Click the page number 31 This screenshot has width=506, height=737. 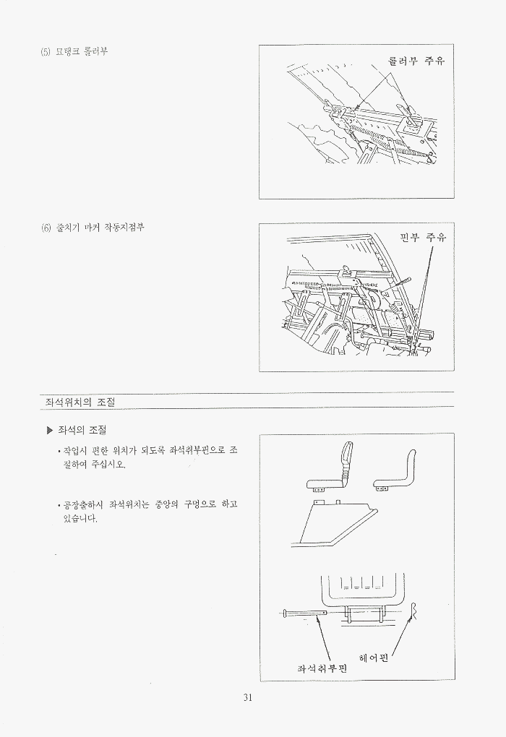pos(248,697)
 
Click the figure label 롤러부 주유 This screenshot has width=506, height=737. pos(416,61)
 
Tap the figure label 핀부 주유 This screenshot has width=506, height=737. pos(423,237)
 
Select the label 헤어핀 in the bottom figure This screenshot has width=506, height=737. pos(374,658)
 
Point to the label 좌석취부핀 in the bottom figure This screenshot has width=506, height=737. pos(322,668)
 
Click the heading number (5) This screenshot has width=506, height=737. pos(46,52)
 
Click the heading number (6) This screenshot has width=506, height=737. pos(46,228)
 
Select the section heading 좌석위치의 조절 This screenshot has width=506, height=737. pos(80,402)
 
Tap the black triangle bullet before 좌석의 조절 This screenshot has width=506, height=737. pos(51,430)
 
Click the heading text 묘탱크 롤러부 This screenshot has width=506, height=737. pos(82,52)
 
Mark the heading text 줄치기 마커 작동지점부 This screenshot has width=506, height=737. pos(100,228)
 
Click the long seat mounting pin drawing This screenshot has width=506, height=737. pos(306,613)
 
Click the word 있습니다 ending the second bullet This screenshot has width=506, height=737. pos(80,519)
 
